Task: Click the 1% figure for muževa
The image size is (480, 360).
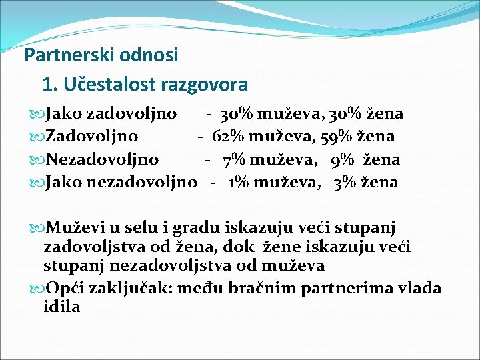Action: pos(237,182)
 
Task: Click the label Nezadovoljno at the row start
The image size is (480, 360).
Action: pos(101,159)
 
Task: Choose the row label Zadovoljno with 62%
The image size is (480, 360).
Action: pos(91,137)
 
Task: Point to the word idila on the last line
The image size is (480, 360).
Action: pos(61,307)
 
